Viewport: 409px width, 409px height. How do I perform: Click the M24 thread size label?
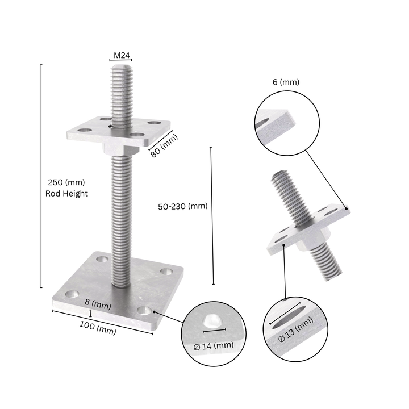tap(122, 55)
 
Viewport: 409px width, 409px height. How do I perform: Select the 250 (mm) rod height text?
tap(66, 182)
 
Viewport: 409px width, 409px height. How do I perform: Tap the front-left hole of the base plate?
tap(72, 294)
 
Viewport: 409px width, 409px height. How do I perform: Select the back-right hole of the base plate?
tap(166, 272)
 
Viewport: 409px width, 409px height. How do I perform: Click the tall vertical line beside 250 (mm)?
tap(41, 176)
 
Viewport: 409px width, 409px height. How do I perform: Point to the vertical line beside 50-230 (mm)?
tap(212, 216)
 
